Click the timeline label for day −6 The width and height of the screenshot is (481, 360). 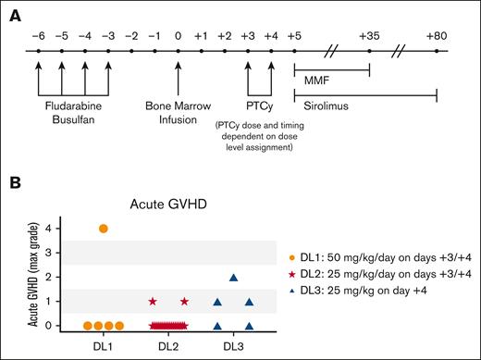coord(37,34)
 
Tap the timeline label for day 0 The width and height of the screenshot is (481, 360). coord(178,34)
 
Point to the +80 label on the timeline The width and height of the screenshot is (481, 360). coord(437,34)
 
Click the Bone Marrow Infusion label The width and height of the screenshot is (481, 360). coord(178,113)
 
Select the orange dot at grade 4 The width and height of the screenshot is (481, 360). coord(103,229)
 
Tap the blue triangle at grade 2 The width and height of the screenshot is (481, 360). coord(233,277)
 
